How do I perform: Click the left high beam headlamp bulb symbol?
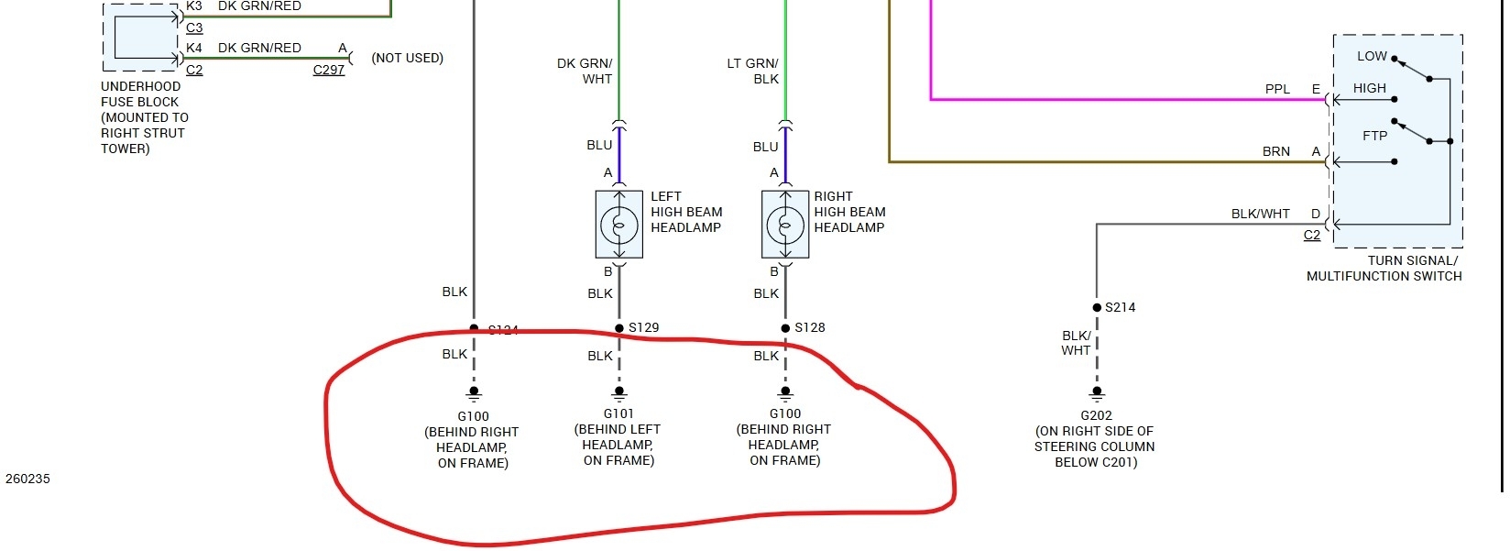click(x=619, y=225)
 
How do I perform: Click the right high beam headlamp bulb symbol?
click(x=785, y=225)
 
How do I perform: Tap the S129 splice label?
click(x=643, y=327)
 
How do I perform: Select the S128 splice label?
click(x=810, y=327)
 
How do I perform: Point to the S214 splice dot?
click(x=1097, y=308)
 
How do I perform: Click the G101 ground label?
click(x=618, y=413)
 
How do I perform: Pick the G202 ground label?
click(x=1096, y=415)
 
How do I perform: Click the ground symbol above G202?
click(x=1097, y=394)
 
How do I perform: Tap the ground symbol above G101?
click(x=619, y=394)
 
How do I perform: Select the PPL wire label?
click(x=1277, y=89)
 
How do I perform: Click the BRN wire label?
click(x=1276, y=151)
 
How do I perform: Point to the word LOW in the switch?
click(x=1372, y=56)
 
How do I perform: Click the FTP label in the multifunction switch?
click(x=1374, y=136)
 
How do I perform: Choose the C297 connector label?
click(x=329, y=70)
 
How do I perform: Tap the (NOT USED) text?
click(x=407, y=58)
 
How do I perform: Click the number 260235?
click(x=27, y=479)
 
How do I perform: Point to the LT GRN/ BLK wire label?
click(x=752, y=72)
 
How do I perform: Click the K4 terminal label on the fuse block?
click(x=194, y=48)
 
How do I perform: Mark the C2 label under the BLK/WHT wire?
click(x=1312, y=235)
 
